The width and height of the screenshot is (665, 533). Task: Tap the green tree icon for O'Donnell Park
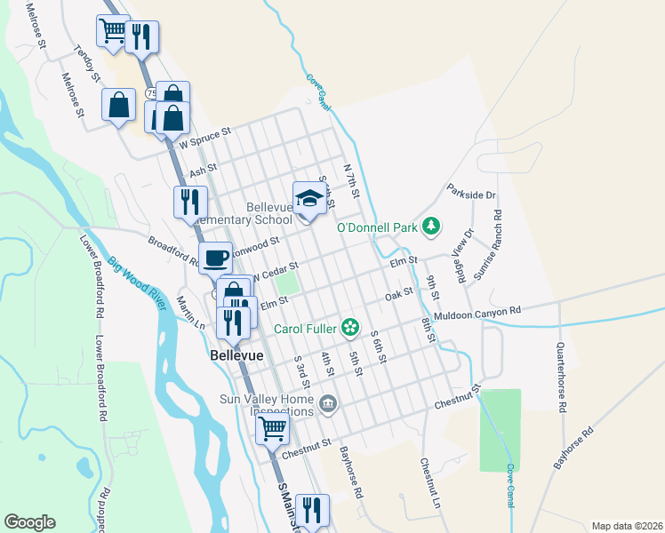(x=431, y=227)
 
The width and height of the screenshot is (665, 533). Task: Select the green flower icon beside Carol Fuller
(x=351, y=329)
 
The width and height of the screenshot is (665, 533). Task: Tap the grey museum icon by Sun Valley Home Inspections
(x=328, y=405)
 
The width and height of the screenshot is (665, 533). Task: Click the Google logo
(x=30, y=522)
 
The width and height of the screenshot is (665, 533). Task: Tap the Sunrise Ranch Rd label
(x=488, y=246)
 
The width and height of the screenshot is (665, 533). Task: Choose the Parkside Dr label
(x=471, y=192)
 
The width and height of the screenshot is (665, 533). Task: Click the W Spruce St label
(x=204, y=136)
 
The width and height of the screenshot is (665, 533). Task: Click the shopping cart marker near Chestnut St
(x=273, y=430)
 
